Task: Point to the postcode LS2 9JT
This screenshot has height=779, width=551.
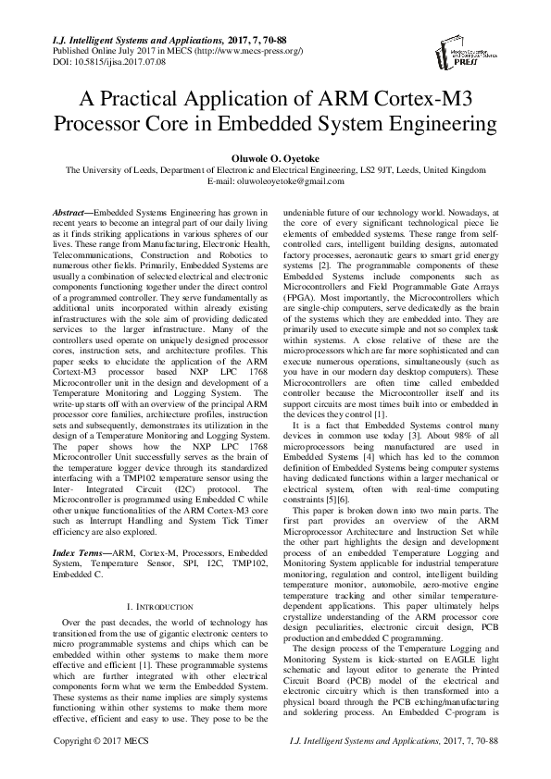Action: point(395,169)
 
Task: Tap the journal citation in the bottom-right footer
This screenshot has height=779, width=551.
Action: point(393,767)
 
